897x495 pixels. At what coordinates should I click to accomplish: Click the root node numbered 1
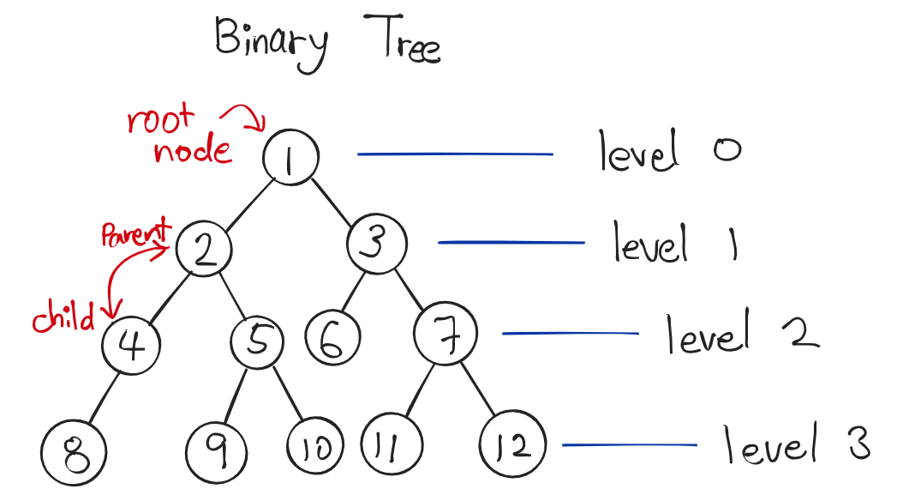(291, 158)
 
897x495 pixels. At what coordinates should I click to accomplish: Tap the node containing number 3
(374, 245)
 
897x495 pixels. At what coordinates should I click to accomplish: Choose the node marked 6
(328, 341)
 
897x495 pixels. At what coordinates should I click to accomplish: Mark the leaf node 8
(74, 450)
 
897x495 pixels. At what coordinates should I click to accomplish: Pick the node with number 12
(511, 445)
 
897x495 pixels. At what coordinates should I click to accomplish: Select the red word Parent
(135, 233)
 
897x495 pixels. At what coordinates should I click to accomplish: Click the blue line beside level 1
(511, 243)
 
